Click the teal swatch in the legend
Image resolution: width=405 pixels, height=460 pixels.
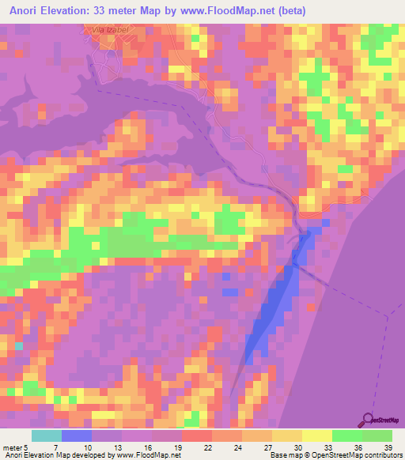tap(47, 435)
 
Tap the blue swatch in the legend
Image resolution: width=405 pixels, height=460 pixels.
tap(77, 435)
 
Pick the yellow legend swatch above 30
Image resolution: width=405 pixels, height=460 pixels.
tap(287, 435)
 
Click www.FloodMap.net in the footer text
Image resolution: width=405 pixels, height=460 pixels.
tap(150, 454)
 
